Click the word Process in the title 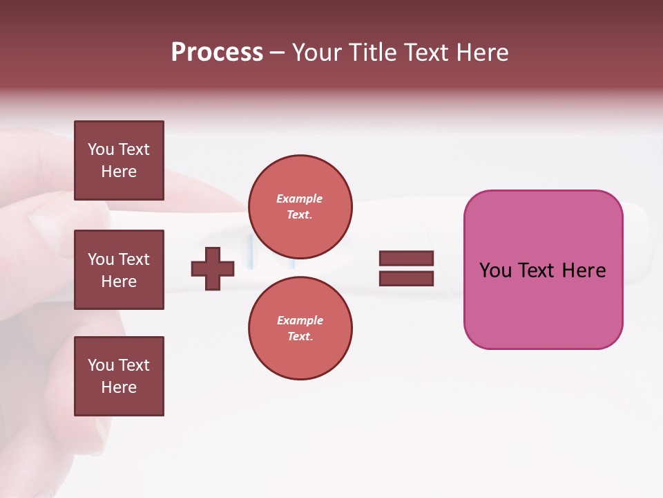[x=217, y=53]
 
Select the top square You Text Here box [x=119, y=160]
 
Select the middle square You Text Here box [x=119, y=270]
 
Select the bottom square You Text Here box [x=119, y=376]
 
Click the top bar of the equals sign [x=406, y=259]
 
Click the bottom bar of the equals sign [x=406, y=279]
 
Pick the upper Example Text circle [x=300, y=206]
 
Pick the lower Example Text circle [x=300, y=328]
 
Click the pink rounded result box [x=543, y=304]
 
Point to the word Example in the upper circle [x=300, y=199]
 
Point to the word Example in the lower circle [x=300, y=320]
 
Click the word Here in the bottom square [x=119, y=387]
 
